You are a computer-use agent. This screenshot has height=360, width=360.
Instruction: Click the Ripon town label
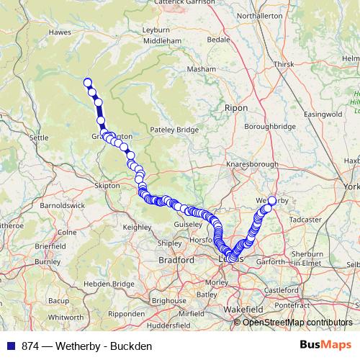235,107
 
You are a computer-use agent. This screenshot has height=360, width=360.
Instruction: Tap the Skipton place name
107,185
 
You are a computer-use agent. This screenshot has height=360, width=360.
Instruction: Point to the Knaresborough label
252,164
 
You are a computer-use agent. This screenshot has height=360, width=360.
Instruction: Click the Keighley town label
138,227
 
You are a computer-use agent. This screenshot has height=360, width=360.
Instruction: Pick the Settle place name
39,138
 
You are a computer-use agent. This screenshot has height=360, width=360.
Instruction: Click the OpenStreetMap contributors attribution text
297,322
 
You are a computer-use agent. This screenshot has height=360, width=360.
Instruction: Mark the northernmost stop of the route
88,82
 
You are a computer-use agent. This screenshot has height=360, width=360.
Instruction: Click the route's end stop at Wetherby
272,201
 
